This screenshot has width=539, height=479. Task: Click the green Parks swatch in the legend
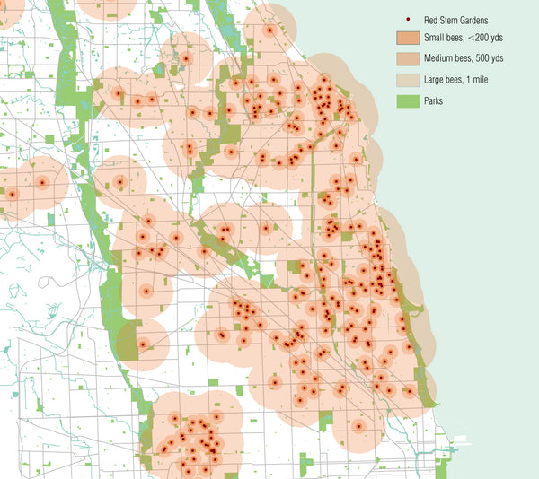(409, 101)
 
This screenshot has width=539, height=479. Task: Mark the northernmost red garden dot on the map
(269, 30)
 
